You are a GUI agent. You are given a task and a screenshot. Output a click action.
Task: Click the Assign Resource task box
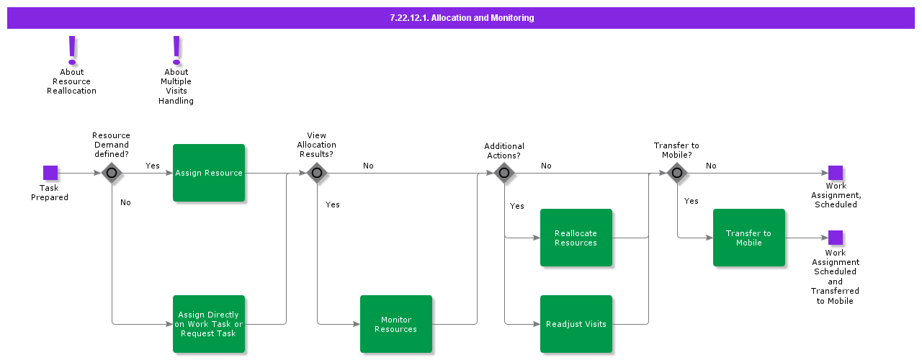[x=209, y=173]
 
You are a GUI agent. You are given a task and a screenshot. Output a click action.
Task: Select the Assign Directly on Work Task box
[x=209, y=324]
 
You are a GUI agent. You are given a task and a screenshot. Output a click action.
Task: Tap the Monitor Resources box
[x=396, y=324]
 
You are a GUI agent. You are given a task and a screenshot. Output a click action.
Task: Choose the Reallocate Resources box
[x=576, y=238]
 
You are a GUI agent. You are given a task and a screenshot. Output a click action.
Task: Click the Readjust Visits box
[x=576, y=324]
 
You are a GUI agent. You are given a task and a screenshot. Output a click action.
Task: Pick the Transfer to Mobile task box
[x=749, y=238]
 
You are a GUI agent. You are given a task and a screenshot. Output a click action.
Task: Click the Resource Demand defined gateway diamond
[x=112, y=173]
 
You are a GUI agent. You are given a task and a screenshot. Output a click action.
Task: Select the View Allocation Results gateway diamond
[x=317, y=173]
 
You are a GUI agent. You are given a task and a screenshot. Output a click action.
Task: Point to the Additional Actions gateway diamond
[x=504, y=173]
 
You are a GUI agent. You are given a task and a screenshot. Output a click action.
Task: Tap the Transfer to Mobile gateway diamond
[x=677, y=173]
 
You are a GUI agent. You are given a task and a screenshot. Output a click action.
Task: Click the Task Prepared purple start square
[x=50, y=173]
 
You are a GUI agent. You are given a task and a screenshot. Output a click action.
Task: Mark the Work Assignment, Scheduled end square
[x=836, y=173]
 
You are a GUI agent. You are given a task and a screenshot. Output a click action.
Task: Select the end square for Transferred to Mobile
[x=836, y=238]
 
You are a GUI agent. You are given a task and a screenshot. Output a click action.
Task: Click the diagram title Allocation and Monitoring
[x=461, y=18]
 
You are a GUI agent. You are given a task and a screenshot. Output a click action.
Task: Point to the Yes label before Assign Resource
[x=153, y=166]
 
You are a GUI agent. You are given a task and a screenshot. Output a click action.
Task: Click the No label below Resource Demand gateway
[x=125, y=202]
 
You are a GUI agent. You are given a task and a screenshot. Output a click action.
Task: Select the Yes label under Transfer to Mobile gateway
[x=691, y=201]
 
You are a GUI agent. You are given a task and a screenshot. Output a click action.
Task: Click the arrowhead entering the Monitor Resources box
[x=356, y=324]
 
